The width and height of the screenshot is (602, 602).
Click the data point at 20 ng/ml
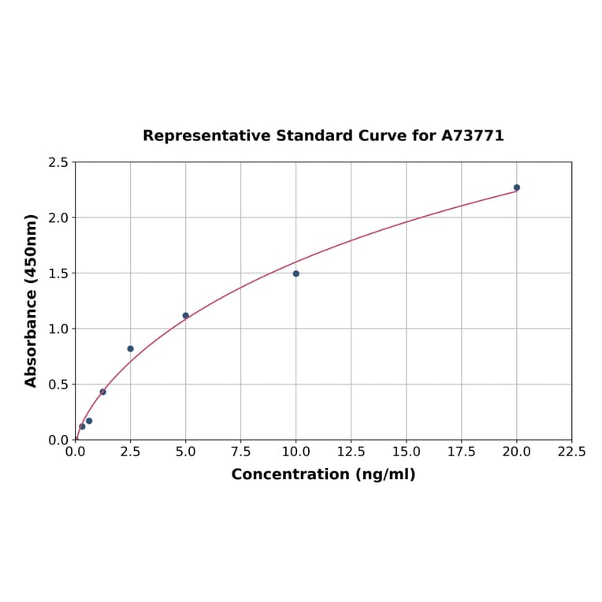517,188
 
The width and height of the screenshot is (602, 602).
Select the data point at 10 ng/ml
296,273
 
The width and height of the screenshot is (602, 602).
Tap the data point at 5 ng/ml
186,315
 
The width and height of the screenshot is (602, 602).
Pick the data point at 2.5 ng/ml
131,348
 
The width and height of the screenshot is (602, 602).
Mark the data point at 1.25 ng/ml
103,392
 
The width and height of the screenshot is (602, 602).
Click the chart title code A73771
472,136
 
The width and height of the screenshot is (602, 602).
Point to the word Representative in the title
207,136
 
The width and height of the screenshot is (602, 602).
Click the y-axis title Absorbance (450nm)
32,300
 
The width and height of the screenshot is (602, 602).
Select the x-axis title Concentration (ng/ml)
323,474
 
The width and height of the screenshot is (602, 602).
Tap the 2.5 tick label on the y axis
58,162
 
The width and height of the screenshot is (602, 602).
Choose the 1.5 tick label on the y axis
58,273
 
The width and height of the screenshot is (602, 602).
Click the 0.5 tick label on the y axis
58,385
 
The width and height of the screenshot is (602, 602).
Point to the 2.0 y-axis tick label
58,217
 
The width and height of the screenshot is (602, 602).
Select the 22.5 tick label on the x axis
572,452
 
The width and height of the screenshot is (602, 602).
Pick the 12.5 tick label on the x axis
351,452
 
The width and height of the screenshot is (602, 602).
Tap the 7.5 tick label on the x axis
241,452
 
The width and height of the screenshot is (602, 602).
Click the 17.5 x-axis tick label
462,452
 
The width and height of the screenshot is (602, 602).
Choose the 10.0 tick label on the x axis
296,452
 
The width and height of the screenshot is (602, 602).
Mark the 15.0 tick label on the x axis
407,452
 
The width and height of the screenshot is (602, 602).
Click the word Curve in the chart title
383,136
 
